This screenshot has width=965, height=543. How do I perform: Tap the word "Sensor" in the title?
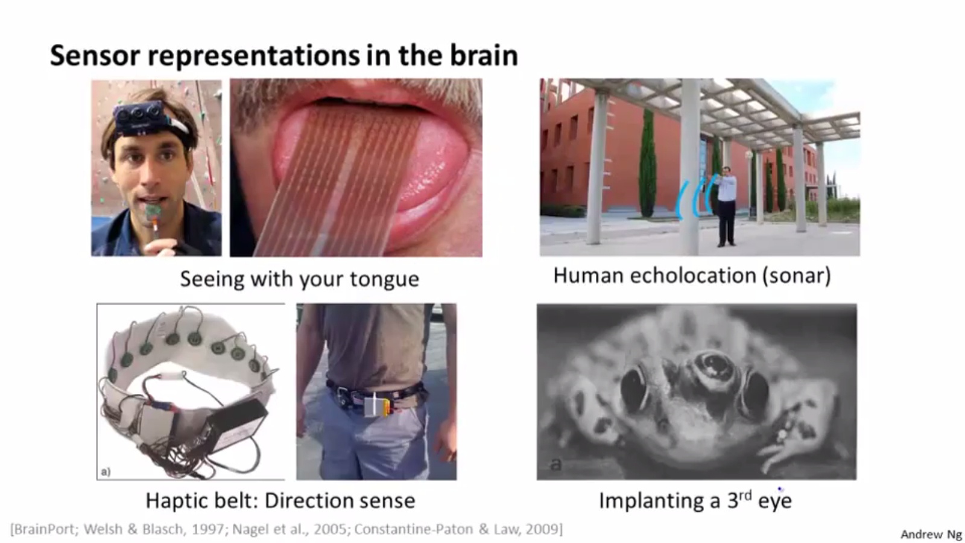(95, 56)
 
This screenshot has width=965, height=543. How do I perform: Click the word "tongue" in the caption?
(384, 279)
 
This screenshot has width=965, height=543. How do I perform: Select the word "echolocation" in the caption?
(693, 275)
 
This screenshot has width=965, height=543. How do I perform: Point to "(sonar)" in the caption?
(797, 276)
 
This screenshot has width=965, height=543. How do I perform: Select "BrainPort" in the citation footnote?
(45, 529)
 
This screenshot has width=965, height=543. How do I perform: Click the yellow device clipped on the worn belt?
(378, 407)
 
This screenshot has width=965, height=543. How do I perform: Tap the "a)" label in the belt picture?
(106, 471)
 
